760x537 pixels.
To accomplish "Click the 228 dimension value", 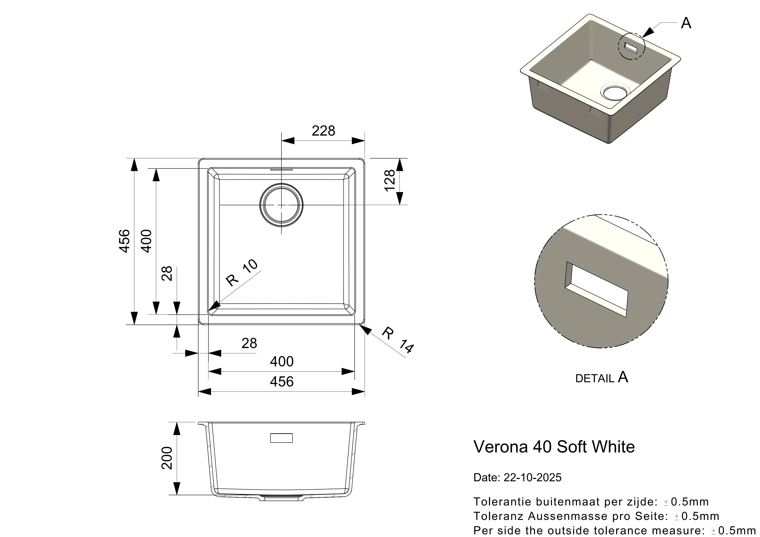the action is click(x=323, y=131).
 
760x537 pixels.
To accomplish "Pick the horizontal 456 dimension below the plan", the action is click(x=282, y=382).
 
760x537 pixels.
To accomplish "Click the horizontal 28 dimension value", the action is click(x=249, y=343).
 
